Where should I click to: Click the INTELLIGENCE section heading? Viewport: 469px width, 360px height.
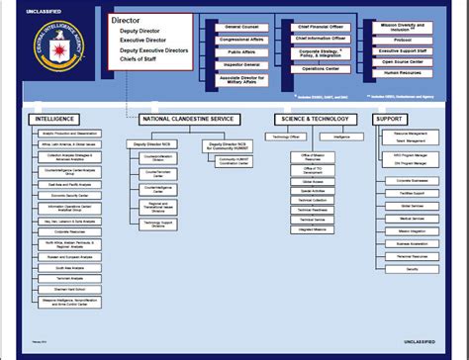click(54, 119)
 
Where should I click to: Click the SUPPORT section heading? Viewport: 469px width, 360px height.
click(389, 119)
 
